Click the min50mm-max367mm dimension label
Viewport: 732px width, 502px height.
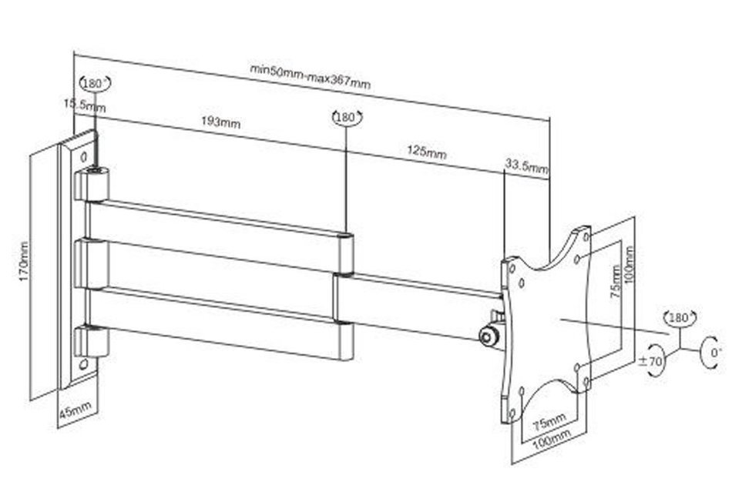[x=311, y=76]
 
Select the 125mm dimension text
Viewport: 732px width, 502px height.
[x=427, y=152]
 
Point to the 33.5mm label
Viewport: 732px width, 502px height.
[x=526, y=166]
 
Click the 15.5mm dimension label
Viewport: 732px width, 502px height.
[x=85, y=105]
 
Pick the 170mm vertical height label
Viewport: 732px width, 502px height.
[x=23, y=261]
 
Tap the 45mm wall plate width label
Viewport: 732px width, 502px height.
[x=75, y=410]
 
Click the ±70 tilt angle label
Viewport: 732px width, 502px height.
[x=651, y=360]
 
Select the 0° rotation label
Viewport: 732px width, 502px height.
[x=716, y=353]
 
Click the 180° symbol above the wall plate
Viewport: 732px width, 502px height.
[x=94, y=83]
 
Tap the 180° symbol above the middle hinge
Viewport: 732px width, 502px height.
[x=347, y=117]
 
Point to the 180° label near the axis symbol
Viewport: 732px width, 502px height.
[x=680, y=318]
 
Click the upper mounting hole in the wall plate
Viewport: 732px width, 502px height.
[x=84, y=156]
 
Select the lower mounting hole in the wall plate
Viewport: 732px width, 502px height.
[x=83, y=364]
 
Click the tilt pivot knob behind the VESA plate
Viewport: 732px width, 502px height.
[x=488, y=336]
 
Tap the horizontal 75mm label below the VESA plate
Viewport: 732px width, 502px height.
[x=549, y=422]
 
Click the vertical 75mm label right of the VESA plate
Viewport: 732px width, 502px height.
[x=616, y=282]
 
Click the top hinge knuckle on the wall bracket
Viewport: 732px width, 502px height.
[x=92, y=183]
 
